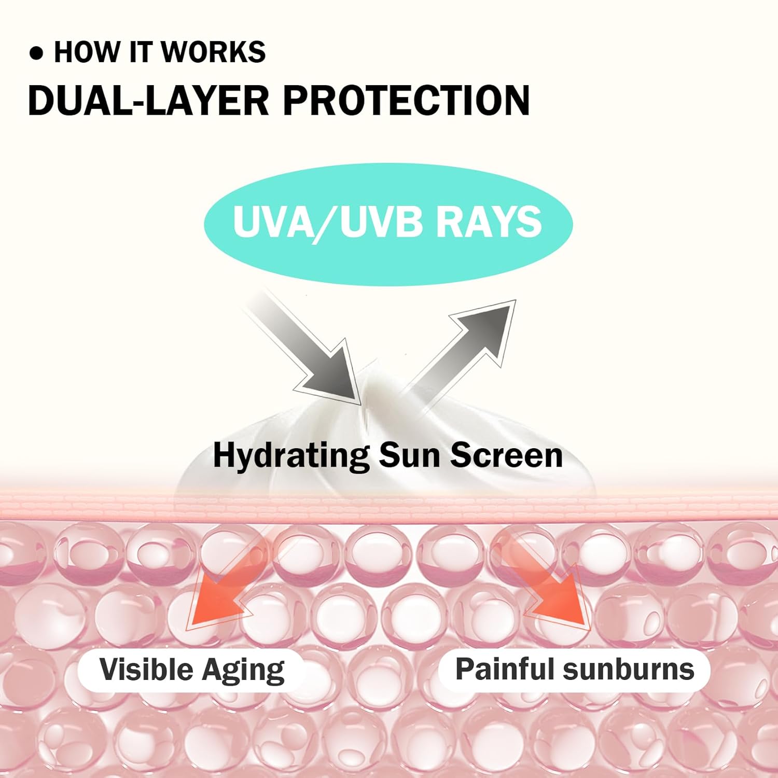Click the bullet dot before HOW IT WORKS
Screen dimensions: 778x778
coord(36,53)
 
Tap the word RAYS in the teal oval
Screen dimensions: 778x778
coord(488,222)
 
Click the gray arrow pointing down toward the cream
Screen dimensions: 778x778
coord(311,353)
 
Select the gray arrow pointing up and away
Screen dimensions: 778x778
coord(467,342)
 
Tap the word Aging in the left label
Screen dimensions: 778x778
coord(243,670)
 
